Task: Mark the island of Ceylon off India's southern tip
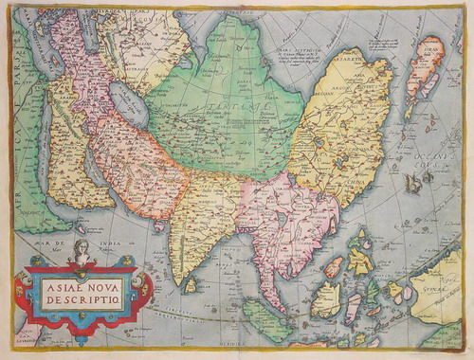click(x=191, y=282)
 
